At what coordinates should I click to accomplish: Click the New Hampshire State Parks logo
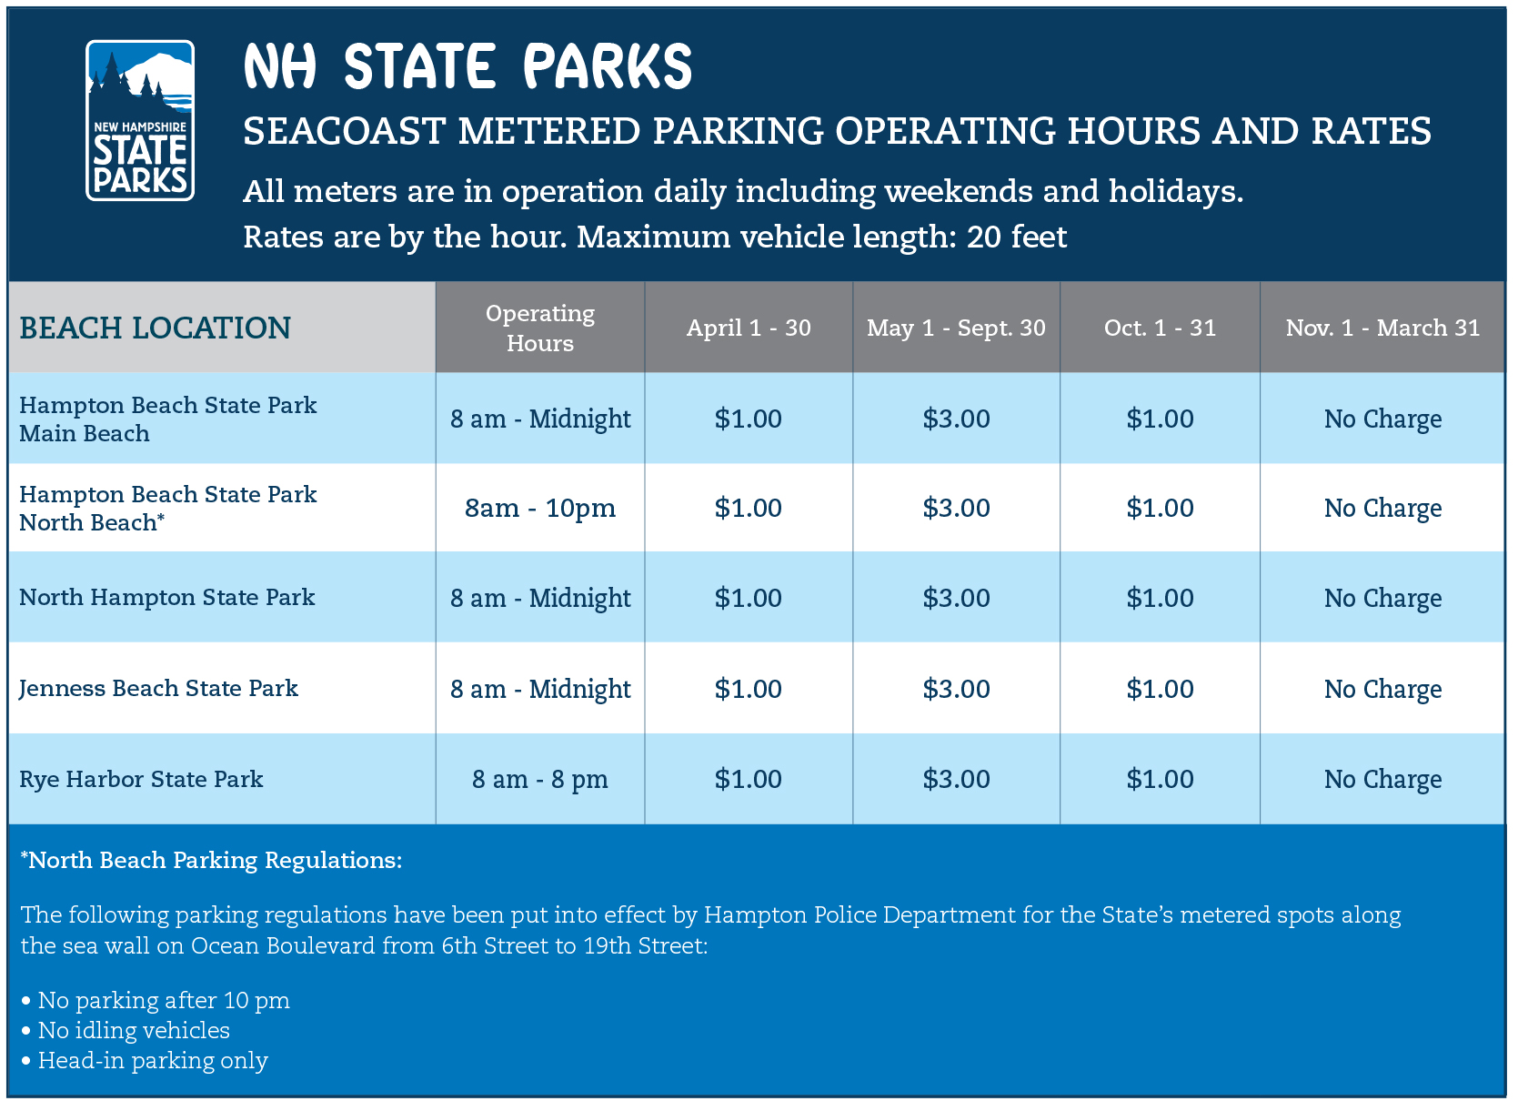(140, 121)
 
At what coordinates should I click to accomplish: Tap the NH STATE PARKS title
(467, 66)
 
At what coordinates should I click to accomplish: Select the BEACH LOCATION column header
(156, 328)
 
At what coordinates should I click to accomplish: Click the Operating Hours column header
(540, 328)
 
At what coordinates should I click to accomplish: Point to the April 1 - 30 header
(749, 328)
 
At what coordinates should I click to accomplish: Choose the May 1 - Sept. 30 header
(956, 328)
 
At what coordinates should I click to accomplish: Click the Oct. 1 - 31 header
(1161, 328)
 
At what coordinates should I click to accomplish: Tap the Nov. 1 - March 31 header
(1382, 328)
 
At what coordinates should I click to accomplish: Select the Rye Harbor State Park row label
(141, 780)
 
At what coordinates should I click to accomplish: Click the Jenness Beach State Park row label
(158, 689)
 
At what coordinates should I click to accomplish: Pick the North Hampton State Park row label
(167, 598)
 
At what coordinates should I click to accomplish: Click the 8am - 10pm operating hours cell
(540, 509)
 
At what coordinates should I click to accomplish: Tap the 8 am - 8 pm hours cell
(540, 780)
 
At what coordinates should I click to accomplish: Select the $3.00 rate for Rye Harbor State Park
(956, 780)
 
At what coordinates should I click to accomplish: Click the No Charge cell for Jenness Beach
(1382, 690)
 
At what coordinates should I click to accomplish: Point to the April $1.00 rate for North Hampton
(749, 598)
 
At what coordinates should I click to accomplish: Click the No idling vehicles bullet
(126, 1031)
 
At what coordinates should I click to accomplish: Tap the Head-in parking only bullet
(145, 1062)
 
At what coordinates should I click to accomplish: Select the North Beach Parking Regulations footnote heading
(211, 861)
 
